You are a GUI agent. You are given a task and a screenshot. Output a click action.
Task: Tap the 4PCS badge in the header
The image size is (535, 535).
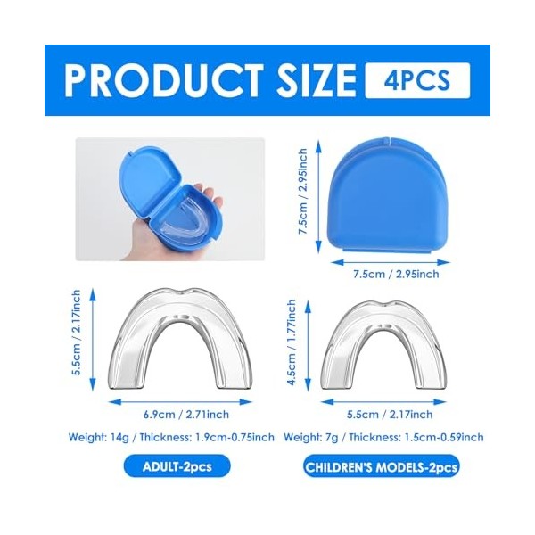(x=417, y=80)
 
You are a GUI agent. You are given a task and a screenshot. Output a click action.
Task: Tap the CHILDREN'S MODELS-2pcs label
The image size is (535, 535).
(x=381, y=466)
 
